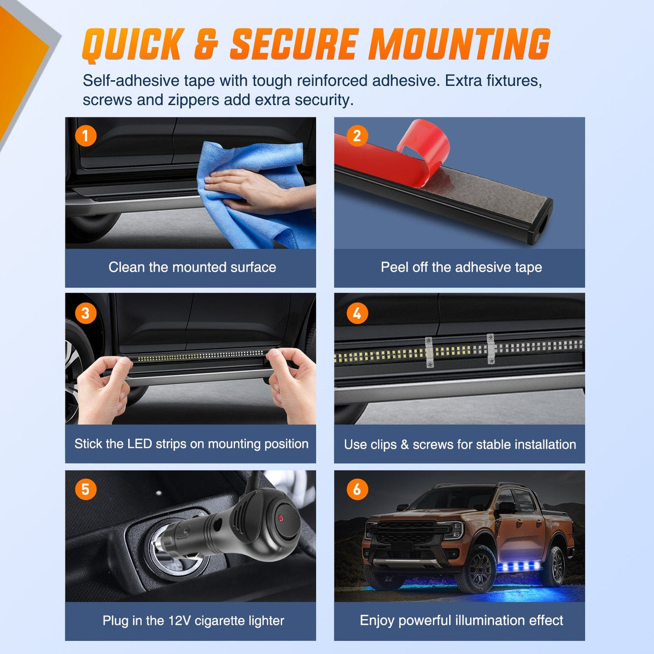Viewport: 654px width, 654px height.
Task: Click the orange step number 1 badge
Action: pos(86,136)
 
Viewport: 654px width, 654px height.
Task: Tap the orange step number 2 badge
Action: pos(357,136)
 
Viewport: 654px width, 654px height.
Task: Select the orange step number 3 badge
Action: pos(86,313)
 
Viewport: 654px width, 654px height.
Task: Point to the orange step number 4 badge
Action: pos(357,313)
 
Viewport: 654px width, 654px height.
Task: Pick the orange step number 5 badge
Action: pos(86,489)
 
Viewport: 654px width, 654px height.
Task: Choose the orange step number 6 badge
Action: pos(357,489)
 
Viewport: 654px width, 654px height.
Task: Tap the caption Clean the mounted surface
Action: pos(192,267)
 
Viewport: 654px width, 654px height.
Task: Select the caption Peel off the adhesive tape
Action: pos(461,267)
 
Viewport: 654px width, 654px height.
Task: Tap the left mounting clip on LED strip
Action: pos(429,353)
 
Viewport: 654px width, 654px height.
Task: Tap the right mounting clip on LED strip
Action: pos(491,349)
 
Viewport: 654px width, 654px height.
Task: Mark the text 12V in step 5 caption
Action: pos(179,621)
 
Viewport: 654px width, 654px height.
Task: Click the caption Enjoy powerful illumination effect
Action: pos(461,621)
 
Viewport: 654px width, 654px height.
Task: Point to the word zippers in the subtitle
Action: pos(193,100)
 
